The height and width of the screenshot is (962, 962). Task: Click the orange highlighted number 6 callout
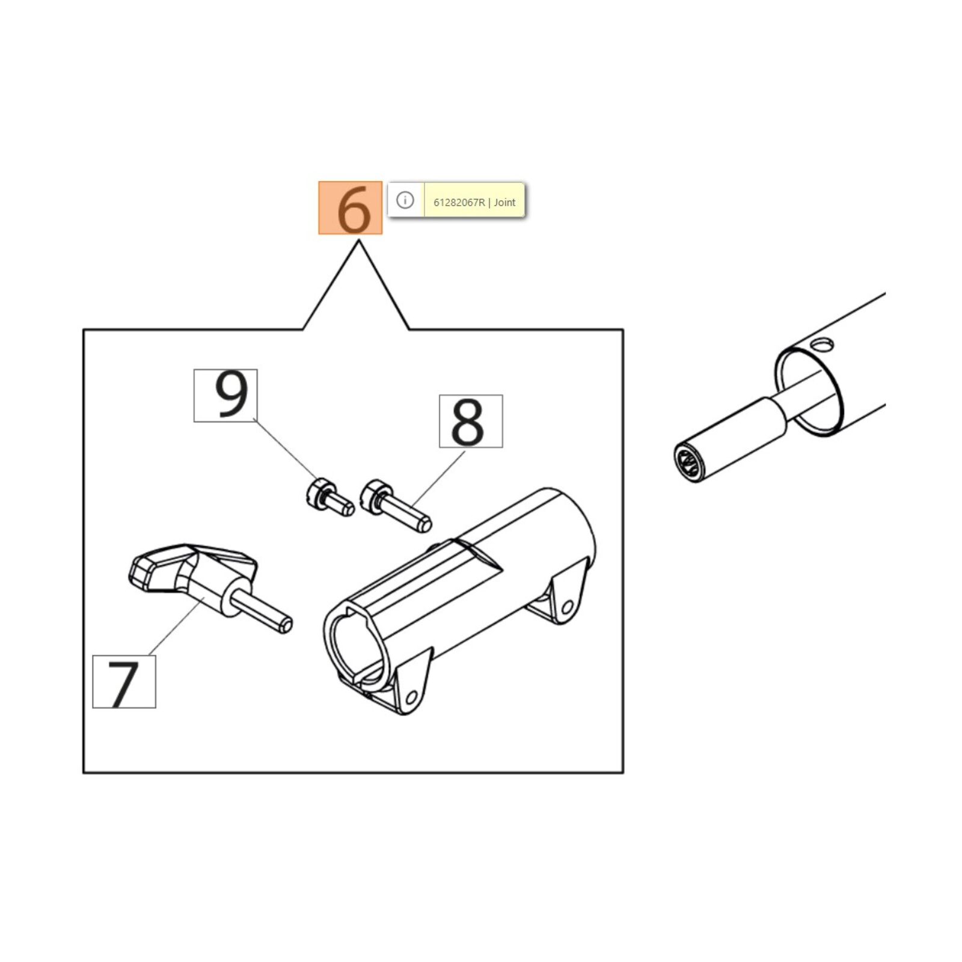pyautogui.click(x=350, y=208)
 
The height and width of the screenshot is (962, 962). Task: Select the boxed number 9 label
pyautogui.click(x=225, y=396)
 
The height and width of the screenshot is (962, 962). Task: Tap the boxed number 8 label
pyautogui.click(x=471, y=421)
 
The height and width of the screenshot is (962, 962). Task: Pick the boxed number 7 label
pyautogui.click(x=124, y=682)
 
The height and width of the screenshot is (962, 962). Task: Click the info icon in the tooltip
pyautogui.click(x=405, y=200)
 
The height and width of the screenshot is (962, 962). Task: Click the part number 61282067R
pyautogui.click(x=459, y=203)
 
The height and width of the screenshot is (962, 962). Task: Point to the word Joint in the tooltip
pyautogui.click(x=504, y=203)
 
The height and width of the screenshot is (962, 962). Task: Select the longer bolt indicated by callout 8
pyautogui.click(x=395, y=506)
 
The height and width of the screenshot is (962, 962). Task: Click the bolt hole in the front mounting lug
pyautogui.click(x=411, y=697)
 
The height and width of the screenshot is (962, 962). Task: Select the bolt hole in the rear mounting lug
pyautogui.click(x=567, y=608)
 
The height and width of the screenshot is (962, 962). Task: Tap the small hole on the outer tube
pyautogui.click(x=821, y=345)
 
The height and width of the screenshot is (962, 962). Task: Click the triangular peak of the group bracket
pyautogui.click(x=358, y=242)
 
